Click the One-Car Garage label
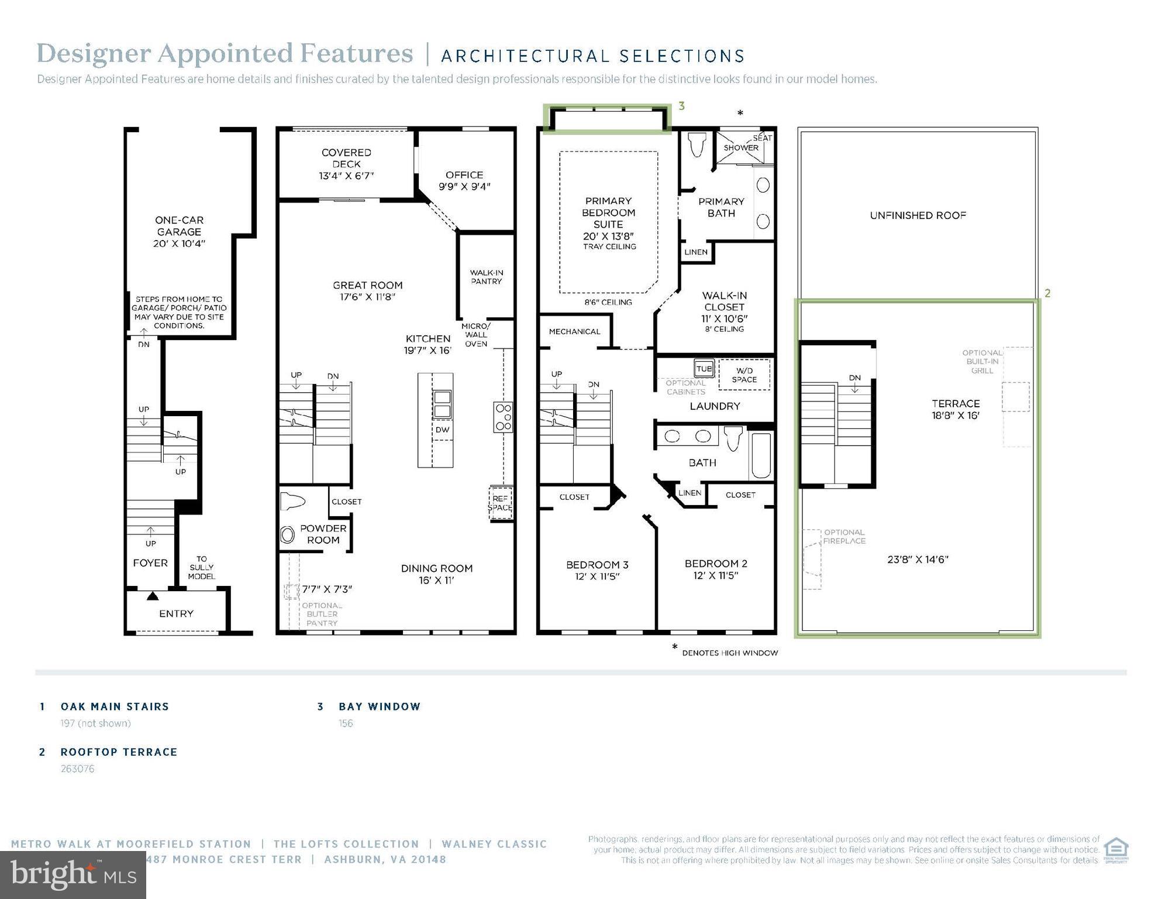pos(179,226)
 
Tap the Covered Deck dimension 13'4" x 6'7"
pos(346,176)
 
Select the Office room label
pos(464,175)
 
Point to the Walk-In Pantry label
pos(486,277)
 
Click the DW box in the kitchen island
pos(442,430)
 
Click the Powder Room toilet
pos(293,502)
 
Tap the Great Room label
pos(367,286)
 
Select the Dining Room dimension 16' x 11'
pos(436,581)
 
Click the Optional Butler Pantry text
pos(322,614)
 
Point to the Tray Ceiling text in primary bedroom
pos(609,247)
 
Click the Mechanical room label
pos(574,331)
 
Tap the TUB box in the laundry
pos(704,369)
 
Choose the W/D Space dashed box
pos(744,375)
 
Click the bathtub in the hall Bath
pos(761,455)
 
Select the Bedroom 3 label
pos(597,565)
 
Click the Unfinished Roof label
pos(918,215)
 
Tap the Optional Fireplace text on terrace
pos(844,537)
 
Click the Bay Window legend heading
pos(380,706)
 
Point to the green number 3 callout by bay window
pos(681,107)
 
